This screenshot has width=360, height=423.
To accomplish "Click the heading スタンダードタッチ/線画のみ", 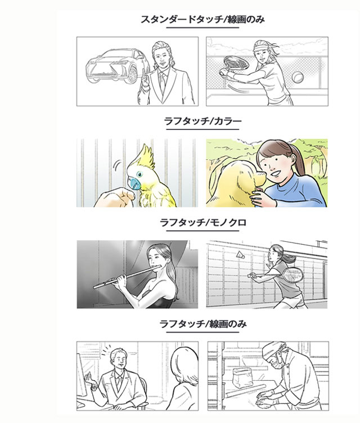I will click(x=202, y=20).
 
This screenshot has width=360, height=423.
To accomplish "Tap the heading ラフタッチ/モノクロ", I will click(x=202, y=223).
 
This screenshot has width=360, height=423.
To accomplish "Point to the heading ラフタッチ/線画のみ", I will click(x=202, y=324).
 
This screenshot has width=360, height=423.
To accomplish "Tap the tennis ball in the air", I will click(x=299, y=76).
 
